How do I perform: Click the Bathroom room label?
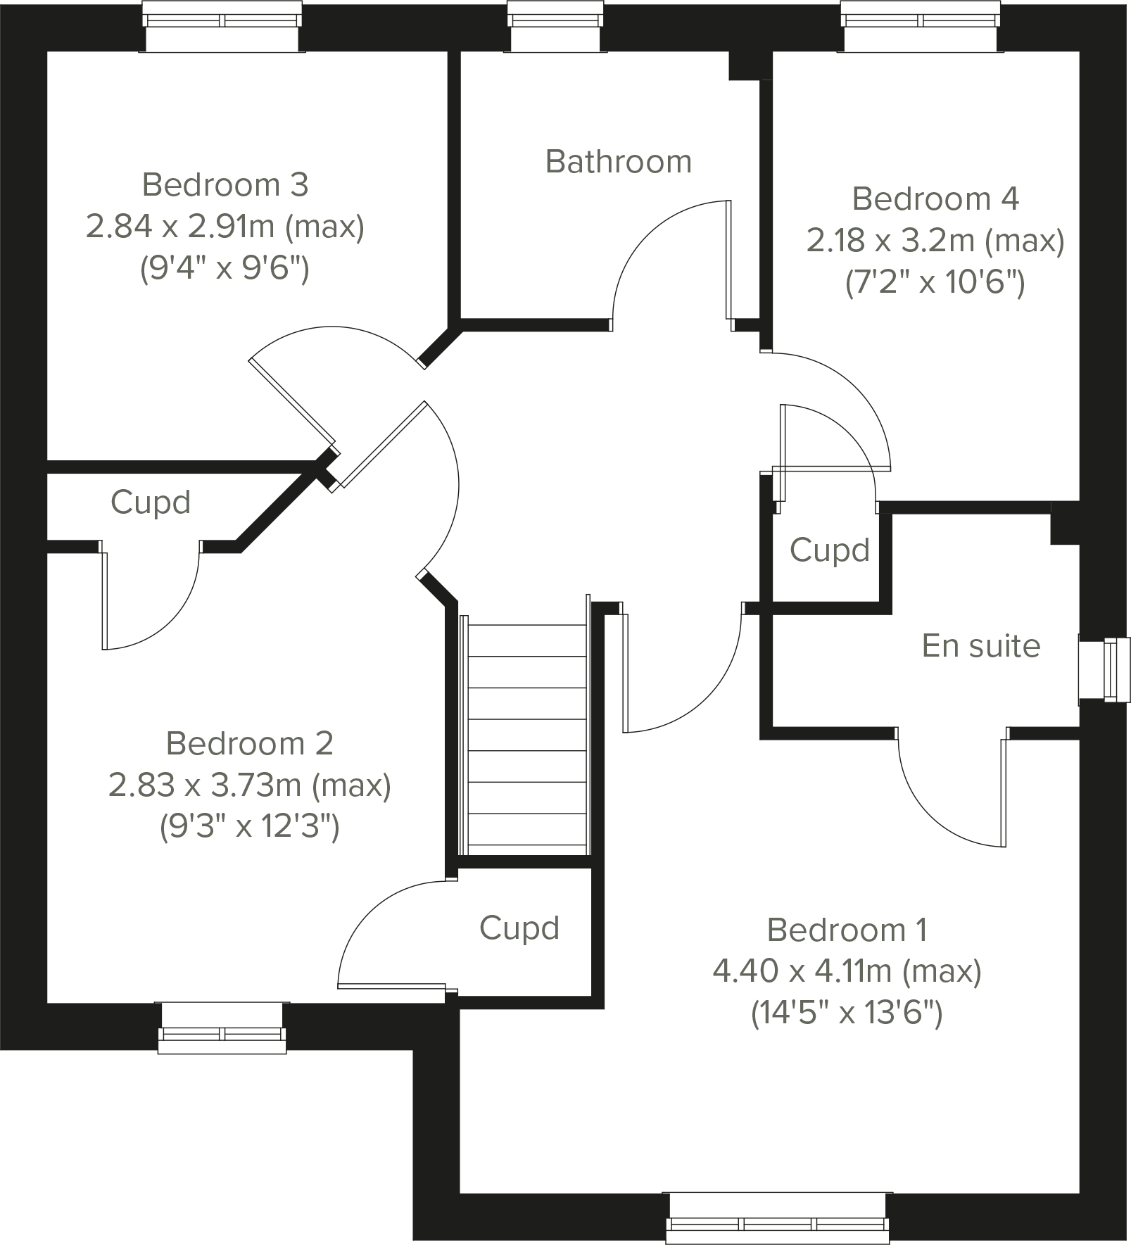(619, 162)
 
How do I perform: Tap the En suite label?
(981, 646)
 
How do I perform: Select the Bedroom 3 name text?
(225, 185)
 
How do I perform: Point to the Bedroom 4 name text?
(935, 199)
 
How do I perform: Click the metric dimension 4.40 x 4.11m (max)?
(847, 972)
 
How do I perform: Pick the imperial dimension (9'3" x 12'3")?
(250, 827)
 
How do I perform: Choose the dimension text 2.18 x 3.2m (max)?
(935, 241)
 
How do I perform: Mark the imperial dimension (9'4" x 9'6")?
(225, 268)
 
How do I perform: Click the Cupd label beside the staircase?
(519, 928)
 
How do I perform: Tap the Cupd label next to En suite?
(830, 550)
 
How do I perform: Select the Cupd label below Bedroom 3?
(151, 503)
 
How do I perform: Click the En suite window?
(1105, 670)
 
